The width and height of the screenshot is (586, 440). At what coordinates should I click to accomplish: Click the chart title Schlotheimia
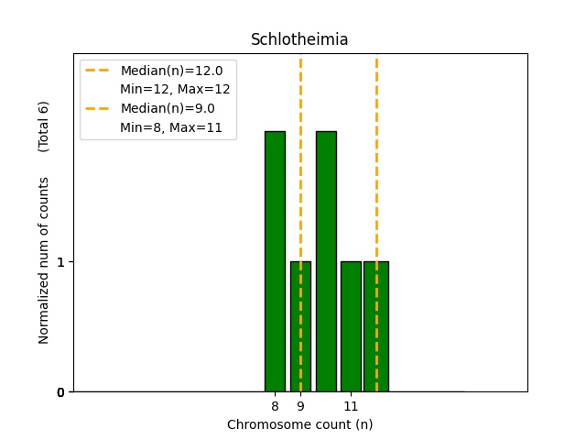click(x=299, y=40)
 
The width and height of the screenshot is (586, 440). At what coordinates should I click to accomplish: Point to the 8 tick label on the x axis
click(x=275, y=406)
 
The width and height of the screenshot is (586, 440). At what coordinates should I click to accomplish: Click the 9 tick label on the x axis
click(x=300, y=406)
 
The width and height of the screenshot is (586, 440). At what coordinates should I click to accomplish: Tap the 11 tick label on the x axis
click(x=351, y=406)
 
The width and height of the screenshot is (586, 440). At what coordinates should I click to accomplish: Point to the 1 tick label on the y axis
click(x=60, y=262)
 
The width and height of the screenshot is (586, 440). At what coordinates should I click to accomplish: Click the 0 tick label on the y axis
click(x=60, y=392)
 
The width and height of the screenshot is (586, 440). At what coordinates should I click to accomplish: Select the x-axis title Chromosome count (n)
click(x=299, y=424)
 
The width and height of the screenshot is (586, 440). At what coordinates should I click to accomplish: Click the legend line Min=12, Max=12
click(x=175, y=89)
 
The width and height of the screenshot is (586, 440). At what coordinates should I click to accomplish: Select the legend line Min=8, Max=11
click(x=171, y=127)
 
